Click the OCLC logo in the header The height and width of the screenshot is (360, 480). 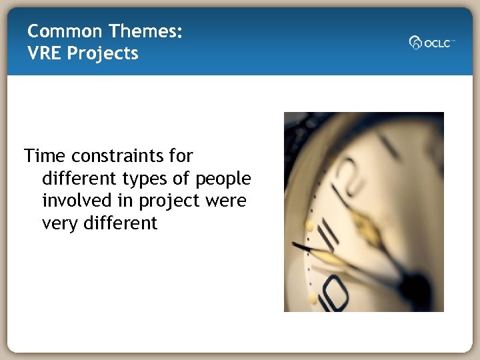click(x=432, y=42)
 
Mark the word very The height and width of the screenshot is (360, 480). click(x=61, y=223)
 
